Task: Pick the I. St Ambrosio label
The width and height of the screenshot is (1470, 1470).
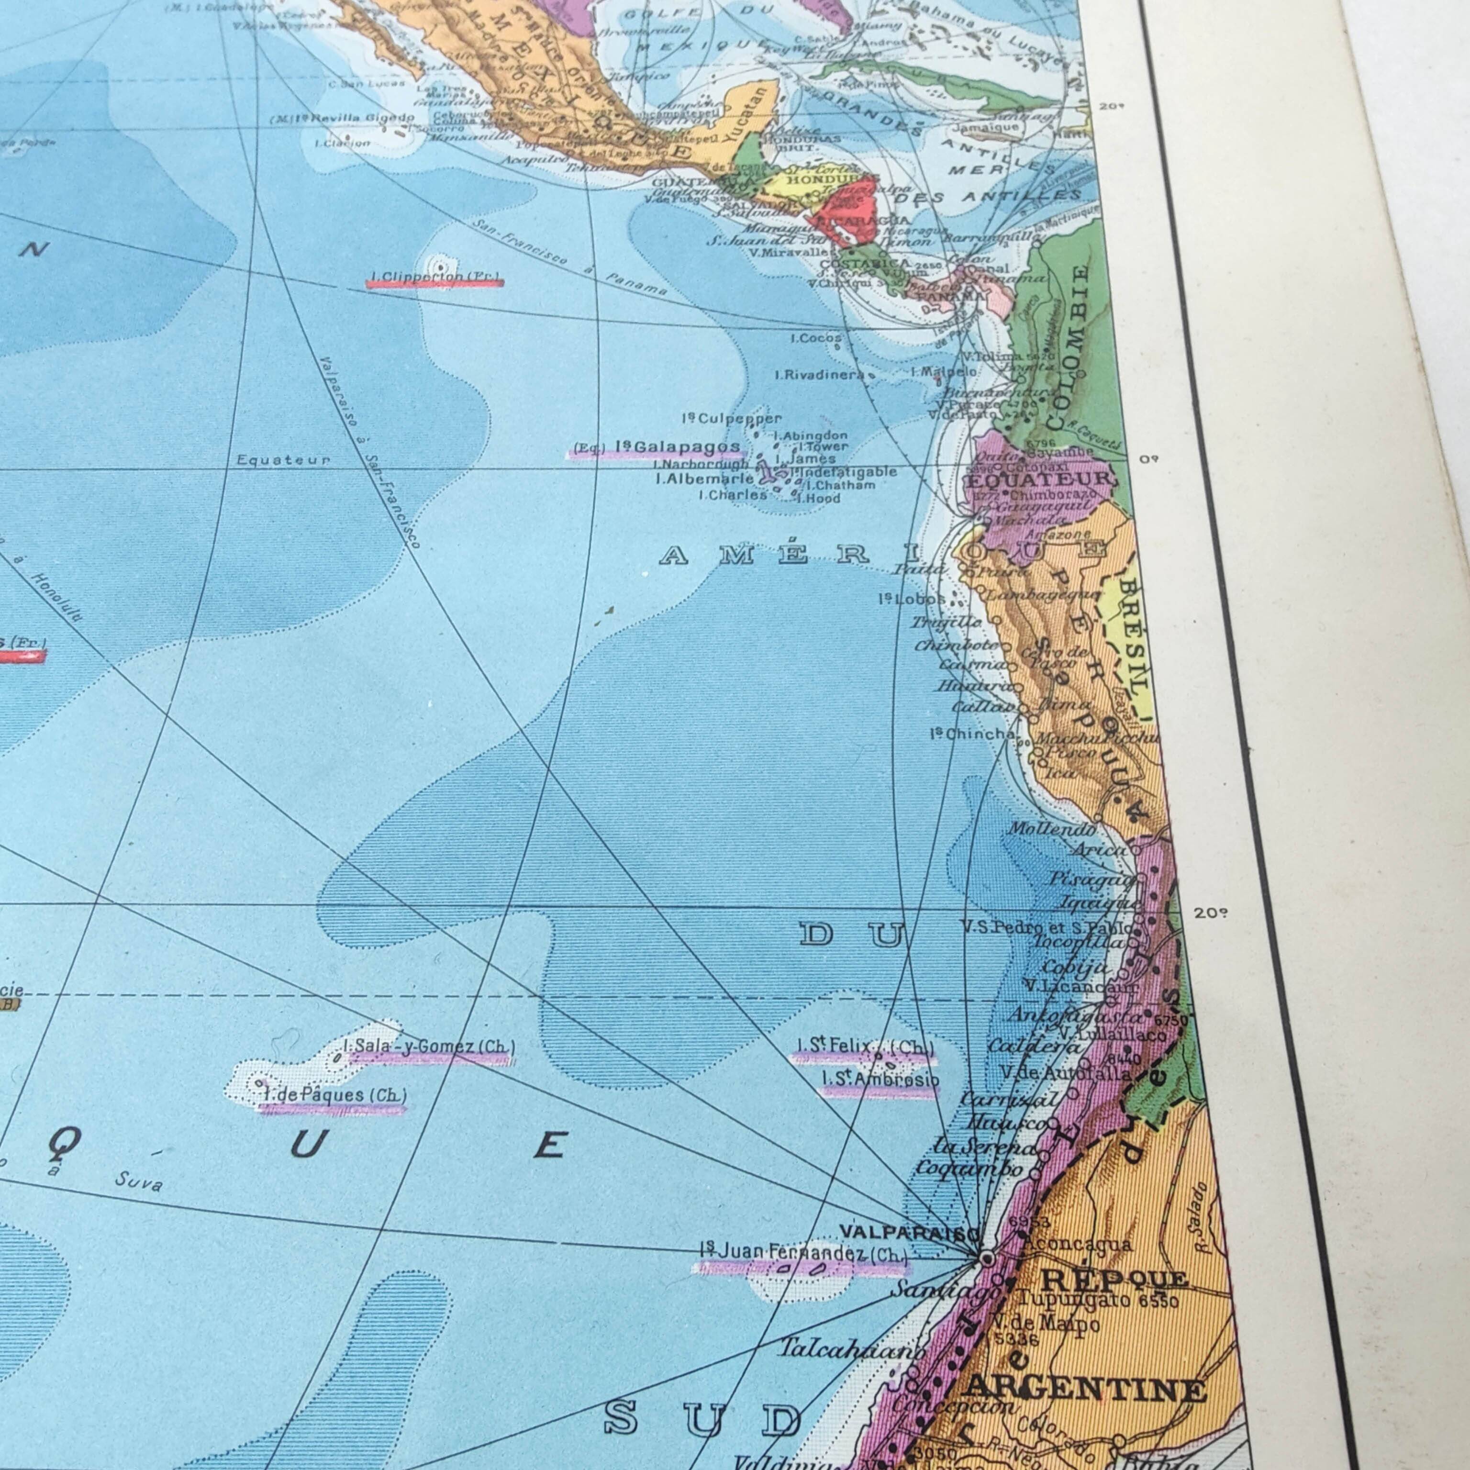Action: (x=880, y=1080)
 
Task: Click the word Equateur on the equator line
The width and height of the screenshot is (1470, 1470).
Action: (x=283, y=460)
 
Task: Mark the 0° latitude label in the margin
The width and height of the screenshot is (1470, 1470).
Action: (x=1148, y=459)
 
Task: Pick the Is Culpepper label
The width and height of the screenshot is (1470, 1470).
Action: (x=732, y=419)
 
